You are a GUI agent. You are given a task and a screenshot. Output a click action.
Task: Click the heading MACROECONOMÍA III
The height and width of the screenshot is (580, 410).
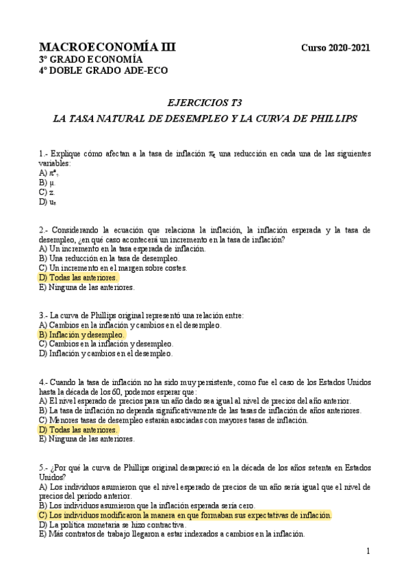tap(107, 47)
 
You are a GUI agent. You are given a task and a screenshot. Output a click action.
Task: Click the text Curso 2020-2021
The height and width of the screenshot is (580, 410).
tap(335, 48)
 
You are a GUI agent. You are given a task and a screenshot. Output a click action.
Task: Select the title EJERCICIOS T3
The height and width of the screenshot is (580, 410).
tap(205, 103)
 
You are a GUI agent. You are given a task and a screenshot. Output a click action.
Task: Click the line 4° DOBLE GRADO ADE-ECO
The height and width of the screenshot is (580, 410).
tap(103, 70)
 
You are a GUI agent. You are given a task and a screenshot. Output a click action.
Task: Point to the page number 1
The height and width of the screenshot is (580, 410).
tap(368, 551)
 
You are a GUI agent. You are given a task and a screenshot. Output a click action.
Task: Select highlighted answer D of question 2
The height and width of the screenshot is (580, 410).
tap(79, 278)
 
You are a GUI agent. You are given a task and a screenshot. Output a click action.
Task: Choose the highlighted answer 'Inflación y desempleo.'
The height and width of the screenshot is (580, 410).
tap(82, 335)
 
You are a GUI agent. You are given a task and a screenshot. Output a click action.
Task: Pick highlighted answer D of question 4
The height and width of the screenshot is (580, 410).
tap(79, 430)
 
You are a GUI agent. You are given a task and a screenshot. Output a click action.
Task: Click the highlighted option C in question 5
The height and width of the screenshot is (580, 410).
tap(185, 515)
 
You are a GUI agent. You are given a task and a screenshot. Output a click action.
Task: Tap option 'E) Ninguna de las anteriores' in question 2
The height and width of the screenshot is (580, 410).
tap(87, 288)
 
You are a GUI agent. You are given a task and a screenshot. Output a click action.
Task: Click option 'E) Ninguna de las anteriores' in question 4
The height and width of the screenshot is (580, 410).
tap(87, 439)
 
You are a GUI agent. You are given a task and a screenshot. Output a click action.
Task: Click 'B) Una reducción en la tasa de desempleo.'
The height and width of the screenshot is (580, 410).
tap(110, 259)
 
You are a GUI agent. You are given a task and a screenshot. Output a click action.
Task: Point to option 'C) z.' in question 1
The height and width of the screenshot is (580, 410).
tap(47, 193)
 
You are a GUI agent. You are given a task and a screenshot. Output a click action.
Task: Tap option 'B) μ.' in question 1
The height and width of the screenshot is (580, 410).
tap(47, 183)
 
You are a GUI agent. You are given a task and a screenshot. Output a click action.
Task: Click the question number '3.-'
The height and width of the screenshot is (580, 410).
tap(44, 316)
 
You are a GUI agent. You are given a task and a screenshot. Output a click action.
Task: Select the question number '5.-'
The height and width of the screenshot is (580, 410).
tap(44, 467)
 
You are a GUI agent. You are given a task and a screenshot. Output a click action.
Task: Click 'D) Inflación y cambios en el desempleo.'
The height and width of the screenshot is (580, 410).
tap(106, 354)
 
